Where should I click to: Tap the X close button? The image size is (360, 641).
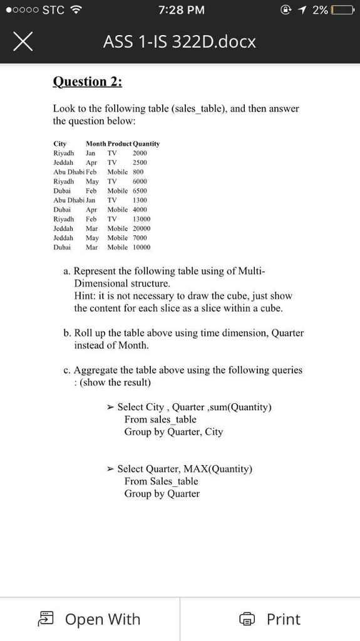pyautogui.click(x=22, y=43)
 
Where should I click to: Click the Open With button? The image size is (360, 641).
pyautogui.click(x=89, y=619)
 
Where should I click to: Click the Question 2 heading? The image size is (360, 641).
pyautogui.click(x=88, y=82)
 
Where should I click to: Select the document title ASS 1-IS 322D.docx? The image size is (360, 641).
pyautogui.click(x=180, y=43)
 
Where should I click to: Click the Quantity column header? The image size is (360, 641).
pyautogui.click(x=146, y=144)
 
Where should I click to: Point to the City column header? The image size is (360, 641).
pyautogui.click(x=60, y=144)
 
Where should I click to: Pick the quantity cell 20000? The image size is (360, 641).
pyautogui.click(x=141, y=228)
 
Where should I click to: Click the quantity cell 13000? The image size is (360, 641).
pyautogui.click(x=141, y=219)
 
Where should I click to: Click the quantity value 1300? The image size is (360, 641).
pyautogui.click(x=140, y=200)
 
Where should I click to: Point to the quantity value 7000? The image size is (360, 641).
pyautogui.click(x=140, y=238)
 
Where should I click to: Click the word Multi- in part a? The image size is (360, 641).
pyautogui.click(x=250, y=271)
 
